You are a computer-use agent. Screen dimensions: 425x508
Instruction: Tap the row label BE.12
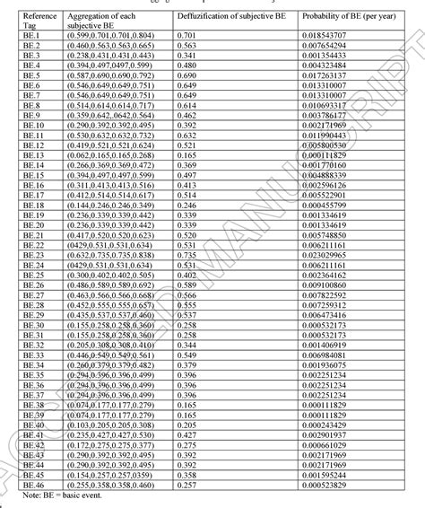tap(31, 145)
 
